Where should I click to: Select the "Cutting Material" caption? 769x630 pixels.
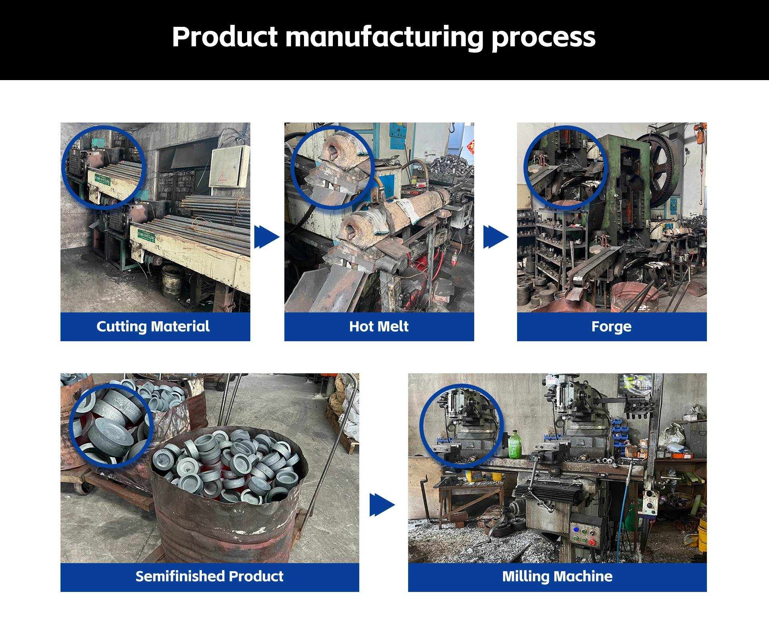coord(153,326)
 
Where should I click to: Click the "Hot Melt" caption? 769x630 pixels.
coord(379,326)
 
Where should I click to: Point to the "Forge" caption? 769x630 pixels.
coord(611,326)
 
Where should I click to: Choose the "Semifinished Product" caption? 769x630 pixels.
coord(209,576)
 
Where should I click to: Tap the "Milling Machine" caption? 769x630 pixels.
coord(557,576)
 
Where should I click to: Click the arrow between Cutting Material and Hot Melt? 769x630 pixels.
coord(267,237)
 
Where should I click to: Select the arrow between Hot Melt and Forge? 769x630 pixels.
coord(496,237)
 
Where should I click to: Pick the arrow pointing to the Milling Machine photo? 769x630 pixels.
coord(382,505)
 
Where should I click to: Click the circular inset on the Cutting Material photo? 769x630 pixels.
coord(103,167)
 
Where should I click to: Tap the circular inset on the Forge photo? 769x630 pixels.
coord(566,167)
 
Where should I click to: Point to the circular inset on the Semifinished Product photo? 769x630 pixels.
coord(111,425)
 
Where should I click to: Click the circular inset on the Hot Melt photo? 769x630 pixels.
coord(332,167)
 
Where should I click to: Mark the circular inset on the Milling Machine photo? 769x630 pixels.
coord(461,425)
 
